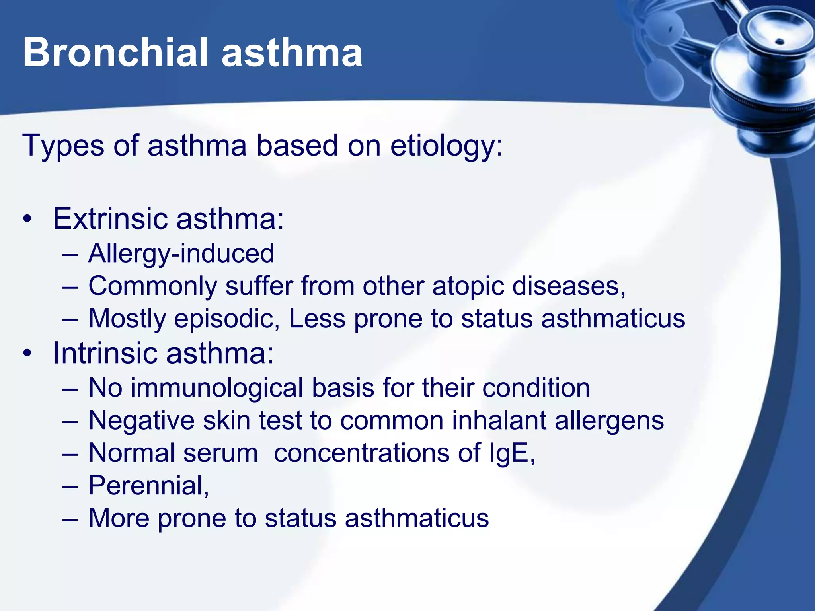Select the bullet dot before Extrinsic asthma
pyautogui.click(x=27, y=219)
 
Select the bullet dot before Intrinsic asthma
pyautogui.click(x=27, y=353)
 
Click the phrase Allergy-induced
pyautogui.click(x=181, y=253)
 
